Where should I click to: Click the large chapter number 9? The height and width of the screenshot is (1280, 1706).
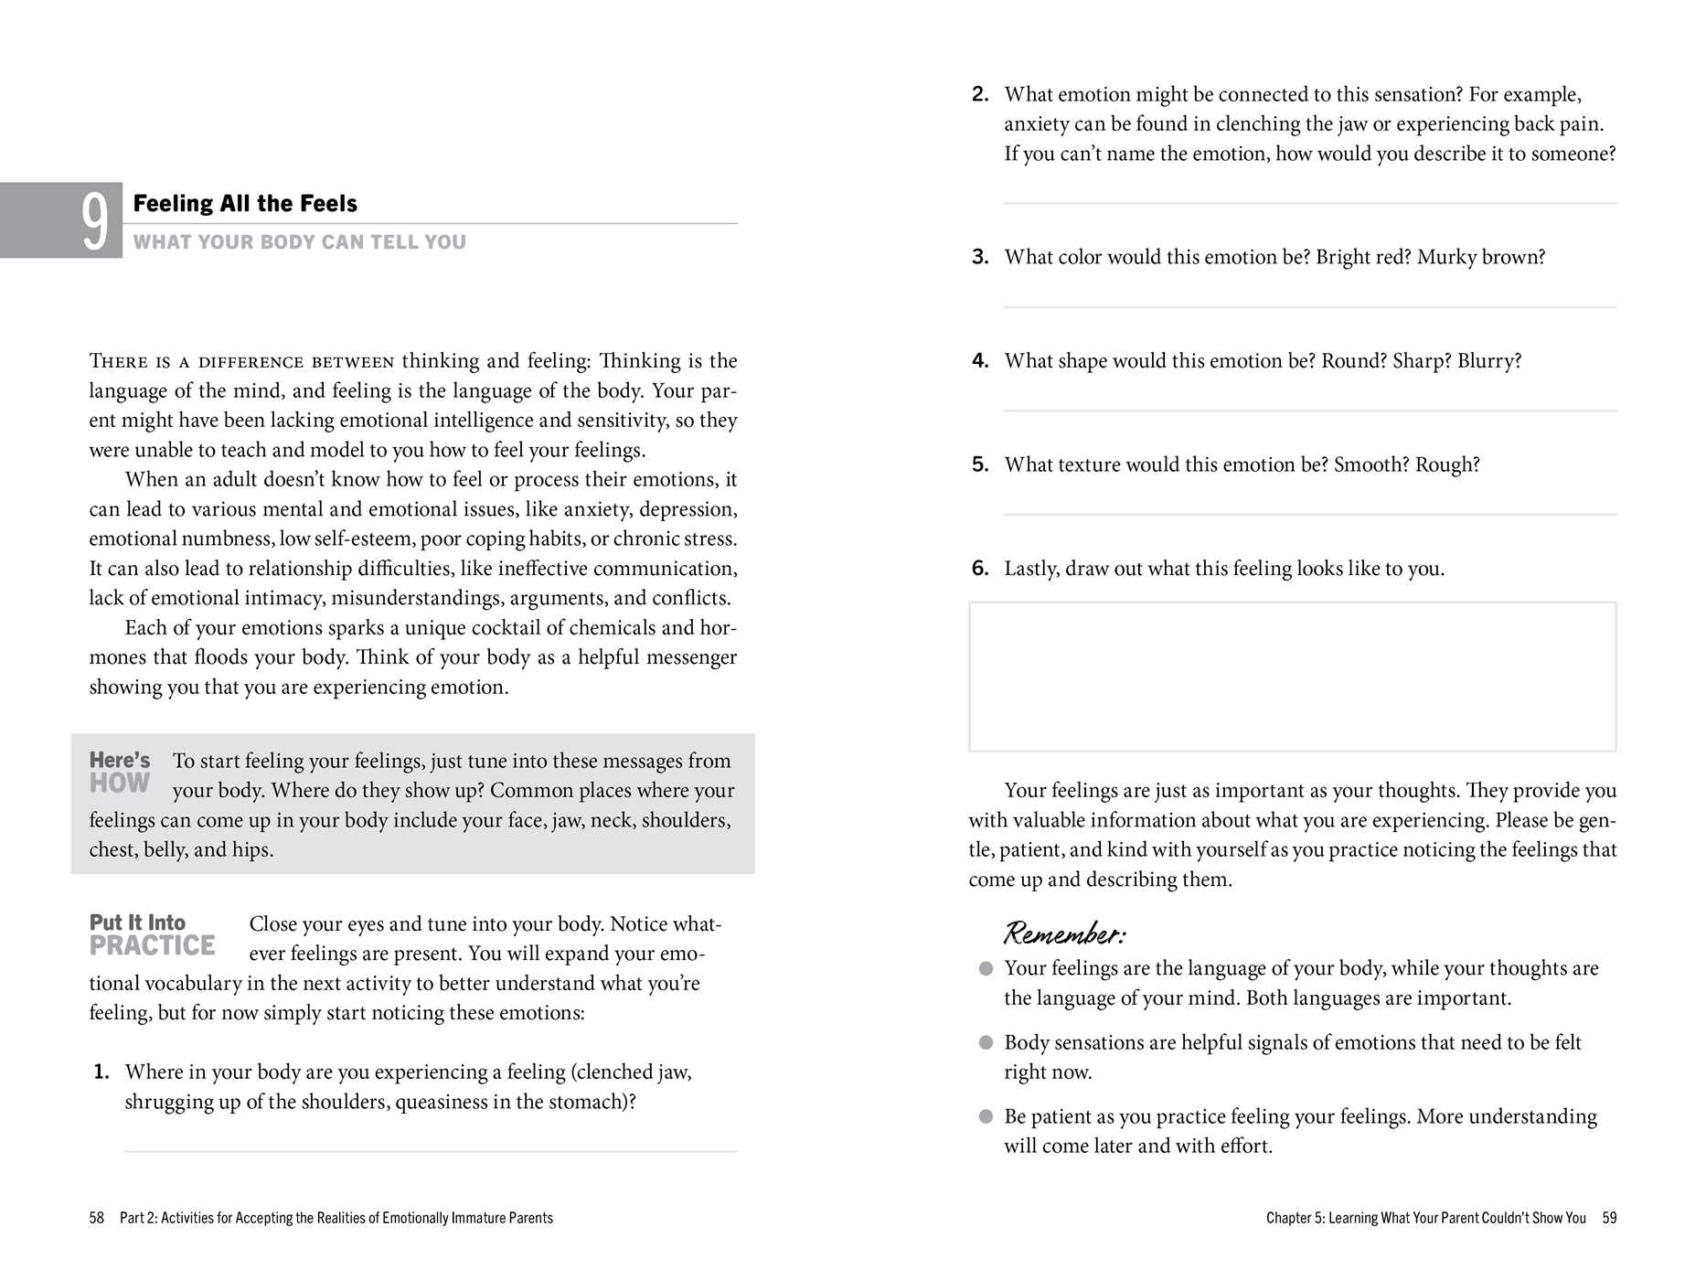[x=95, y=221]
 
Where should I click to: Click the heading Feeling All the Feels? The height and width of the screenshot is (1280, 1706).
[x=245, y=203]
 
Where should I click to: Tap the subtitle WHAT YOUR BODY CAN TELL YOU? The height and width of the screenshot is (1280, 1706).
[x=299, y=242]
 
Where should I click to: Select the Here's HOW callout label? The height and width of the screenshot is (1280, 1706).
[x=120, y=773]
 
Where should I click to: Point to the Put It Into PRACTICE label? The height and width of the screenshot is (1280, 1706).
[x=152, y=935]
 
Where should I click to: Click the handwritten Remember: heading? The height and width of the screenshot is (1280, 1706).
[x=1064, y=933]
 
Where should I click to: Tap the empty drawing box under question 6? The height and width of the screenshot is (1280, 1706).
[x=1292, y=677]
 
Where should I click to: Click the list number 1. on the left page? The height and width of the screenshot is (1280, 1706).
[x=101, y=1072]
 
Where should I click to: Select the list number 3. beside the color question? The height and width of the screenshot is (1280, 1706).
[x=980, y=257]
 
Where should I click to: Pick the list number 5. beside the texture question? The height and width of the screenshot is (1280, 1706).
[x=980, y=464]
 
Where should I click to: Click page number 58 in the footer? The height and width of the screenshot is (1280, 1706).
[x=97, y=1218]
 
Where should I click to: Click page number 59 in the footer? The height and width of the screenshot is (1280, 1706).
[x=1609, y=1218]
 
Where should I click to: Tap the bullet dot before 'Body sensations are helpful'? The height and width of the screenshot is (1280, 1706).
[x=986, y=1043]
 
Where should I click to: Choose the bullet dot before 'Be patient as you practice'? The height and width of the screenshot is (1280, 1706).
[x=986, y=1117]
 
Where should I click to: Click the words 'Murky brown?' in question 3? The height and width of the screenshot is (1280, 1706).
[x=1481, y=257]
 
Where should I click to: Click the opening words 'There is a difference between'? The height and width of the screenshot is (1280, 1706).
[x=241, y=362]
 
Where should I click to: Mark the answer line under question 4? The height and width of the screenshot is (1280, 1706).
[x=1309, y=411]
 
